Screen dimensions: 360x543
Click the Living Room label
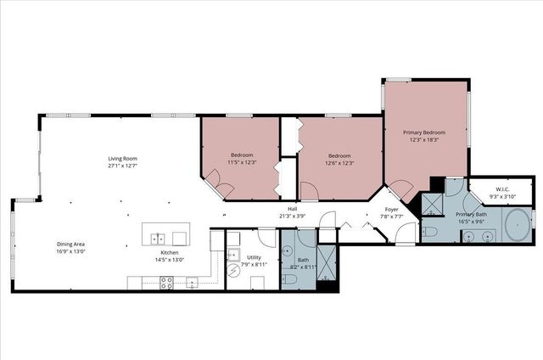pos(122,158)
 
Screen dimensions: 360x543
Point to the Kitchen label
pos(171,253)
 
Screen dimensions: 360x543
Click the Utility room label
pos(255,256)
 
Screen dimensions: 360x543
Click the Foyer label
pos(391,209)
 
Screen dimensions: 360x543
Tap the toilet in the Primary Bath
pos(429,231)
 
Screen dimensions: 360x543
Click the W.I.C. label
pos(501,188)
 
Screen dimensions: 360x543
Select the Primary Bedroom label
pos(424,132)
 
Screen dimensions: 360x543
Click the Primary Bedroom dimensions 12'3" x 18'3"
pos(424,140)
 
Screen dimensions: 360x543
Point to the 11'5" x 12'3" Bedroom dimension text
pos(243,163)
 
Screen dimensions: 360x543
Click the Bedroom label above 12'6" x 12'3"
pos(340,155)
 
